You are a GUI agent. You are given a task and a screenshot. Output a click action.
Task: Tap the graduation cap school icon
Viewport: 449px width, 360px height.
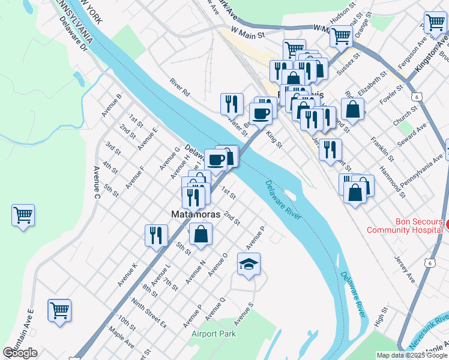coord(248,264)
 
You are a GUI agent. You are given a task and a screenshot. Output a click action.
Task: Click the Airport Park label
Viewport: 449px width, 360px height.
coord(214,334)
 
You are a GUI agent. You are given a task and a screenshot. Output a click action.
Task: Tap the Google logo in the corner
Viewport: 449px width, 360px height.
coord(20,353)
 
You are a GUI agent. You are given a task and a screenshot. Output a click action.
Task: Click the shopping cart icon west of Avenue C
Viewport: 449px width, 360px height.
coord(23,214)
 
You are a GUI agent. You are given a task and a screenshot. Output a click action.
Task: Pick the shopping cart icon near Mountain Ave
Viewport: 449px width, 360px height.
coord(59,310)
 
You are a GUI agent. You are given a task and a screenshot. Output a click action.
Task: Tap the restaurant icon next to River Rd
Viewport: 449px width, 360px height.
coord(231,103)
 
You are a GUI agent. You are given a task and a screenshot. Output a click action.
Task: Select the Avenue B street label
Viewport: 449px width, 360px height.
coord(112,105)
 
